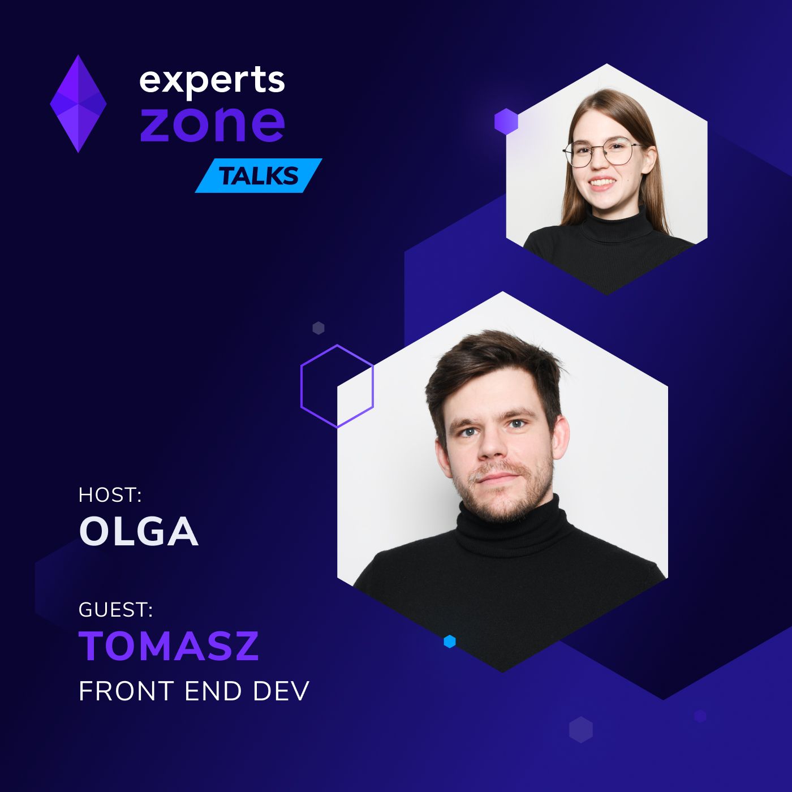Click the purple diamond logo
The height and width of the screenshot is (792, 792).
(x=78, y=104)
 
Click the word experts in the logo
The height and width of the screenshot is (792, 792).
(x=212, y=80)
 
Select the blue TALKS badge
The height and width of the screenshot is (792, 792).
(x=259, y=176)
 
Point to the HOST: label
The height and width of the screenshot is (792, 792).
(x=110, y=495)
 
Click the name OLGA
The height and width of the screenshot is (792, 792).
(x=139, y=532)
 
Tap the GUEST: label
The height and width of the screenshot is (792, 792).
(x=115, y=609)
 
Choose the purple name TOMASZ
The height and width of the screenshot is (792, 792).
(x=169, y=646)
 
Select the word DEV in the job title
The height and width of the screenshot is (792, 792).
(x=281, y=691)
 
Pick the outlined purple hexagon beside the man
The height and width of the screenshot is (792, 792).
(x=337, y=386)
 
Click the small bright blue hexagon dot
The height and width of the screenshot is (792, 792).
(x=450, y=642)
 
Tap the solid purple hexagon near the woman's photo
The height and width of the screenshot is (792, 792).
(x=506, y=121)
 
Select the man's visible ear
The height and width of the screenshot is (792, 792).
(x=559, y=436)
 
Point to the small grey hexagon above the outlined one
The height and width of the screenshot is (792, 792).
(x=318, y=328)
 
